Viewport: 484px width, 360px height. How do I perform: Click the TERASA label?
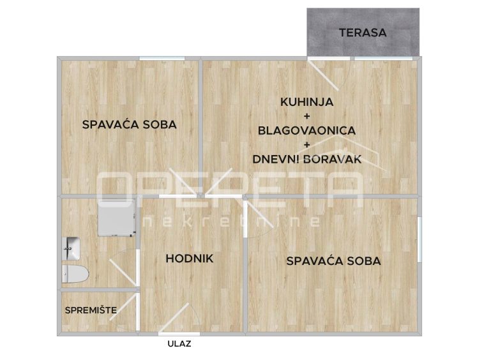point(363,33)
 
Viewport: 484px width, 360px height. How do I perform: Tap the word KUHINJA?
point(307,101)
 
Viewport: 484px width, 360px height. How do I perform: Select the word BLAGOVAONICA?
point(307,130)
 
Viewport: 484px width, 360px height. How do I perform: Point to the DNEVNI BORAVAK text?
point(307,159)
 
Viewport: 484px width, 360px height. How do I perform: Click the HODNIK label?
point(190,259)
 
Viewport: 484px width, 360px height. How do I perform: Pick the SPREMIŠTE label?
point(91,310)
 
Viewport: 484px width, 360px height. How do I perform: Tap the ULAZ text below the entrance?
point(179,343)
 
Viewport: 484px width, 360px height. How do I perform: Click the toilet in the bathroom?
point(75,274)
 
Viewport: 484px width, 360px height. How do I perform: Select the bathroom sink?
point(71,249)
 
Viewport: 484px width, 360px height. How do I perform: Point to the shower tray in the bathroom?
point(117,218)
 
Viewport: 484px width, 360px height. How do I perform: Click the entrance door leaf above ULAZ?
point(174,318)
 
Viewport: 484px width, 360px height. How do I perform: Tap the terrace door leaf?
point(324,75)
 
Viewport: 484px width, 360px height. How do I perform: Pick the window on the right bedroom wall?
point(420,240)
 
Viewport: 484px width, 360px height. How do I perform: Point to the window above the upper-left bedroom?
point(162,58)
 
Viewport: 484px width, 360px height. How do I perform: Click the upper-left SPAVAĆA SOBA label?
point(130,124)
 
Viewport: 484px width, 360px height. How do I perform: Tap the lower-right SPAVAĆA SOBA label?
point(334,261)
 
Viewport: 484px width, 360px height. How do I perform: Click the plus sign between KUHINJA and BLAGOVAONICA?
point(307,116)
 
